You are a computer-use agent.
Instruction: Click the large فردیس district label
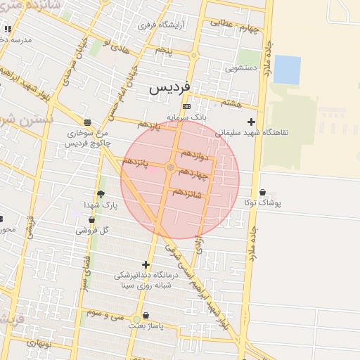coord(169,89)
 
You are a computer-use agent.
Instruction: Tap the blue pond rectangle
coord(287,70)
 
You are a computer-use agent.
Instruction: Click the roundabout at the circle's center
coord(171,167)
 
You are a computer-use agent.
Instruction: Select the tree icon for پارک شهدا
coord(101,194)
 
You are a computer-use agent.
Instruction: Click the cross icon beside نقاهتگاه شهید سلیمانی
coord(251,122)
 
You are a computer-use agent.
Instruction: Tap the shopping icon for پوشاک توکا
coord(263,193)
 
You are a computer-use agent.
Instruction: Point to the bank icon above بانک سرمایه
coord(186,107)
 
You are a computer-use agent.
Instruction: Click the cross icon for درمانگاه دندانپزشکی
coord(146,265)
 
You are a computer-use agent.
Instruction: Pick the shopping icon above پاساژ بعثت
coord(146,316)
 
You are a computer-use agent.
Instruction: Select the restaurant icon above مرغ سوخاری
coord(86,122)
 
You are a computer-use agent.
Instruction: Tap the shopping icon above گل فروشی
coord(91,220)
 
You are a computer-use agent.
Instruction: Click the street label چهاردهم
coord(194,172)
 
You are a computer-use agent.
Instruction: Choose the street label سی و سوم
coord(105,314)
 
